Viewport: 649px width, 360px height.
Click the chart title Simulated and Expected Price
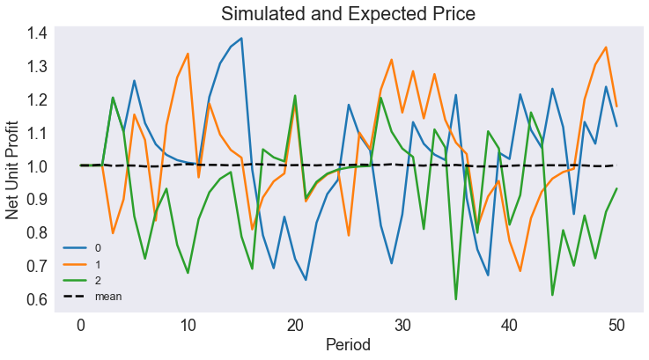coord(348,14)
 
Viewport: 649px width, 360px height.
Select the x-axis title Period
coord(348,345)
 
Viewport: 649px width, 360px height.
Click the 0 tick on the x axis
coord(81,324)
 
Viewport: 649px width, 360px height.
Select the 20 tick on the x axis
coord(295,324)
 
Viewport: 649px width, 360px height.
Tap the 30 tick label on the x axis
coord(402,324)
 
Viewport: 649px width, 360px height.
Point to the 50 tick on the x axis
coord(616,324)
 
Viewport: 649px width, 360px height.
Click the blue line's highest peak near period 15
coord(241,39)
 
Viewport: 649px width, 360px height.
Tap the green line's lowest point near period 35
coord(456,299)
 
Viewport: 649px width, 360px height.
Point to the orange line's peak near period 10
coord(188,54)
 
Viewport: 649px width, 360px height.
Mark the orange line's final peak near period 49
coord(606,48)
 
